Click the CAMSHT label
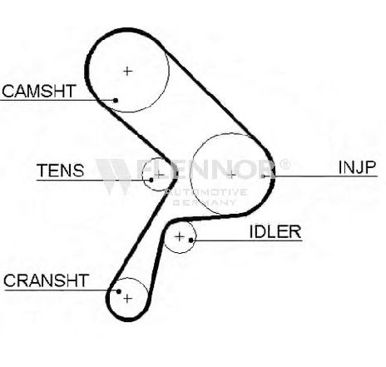39,92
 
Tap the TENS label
61,171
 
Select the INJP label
357,167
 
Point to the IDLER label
275,231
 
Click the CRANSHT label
46,280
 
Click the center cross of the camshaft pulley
127,72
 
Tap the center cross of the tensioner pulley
159,175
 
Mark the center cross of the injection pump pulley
231,175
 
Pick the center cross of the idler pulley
180,237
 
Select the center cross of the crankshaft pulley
127,299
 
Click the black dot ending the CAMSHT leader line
116,100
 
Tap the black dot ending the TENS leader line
151,180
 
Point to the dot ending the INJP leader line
263,176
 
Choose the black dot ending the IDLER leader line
191,240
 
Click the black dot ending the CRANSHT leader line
119,291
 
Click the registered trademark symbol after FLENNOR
285,165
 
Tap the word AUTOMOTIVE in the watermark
205,192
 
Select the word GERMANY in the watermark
205,202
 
